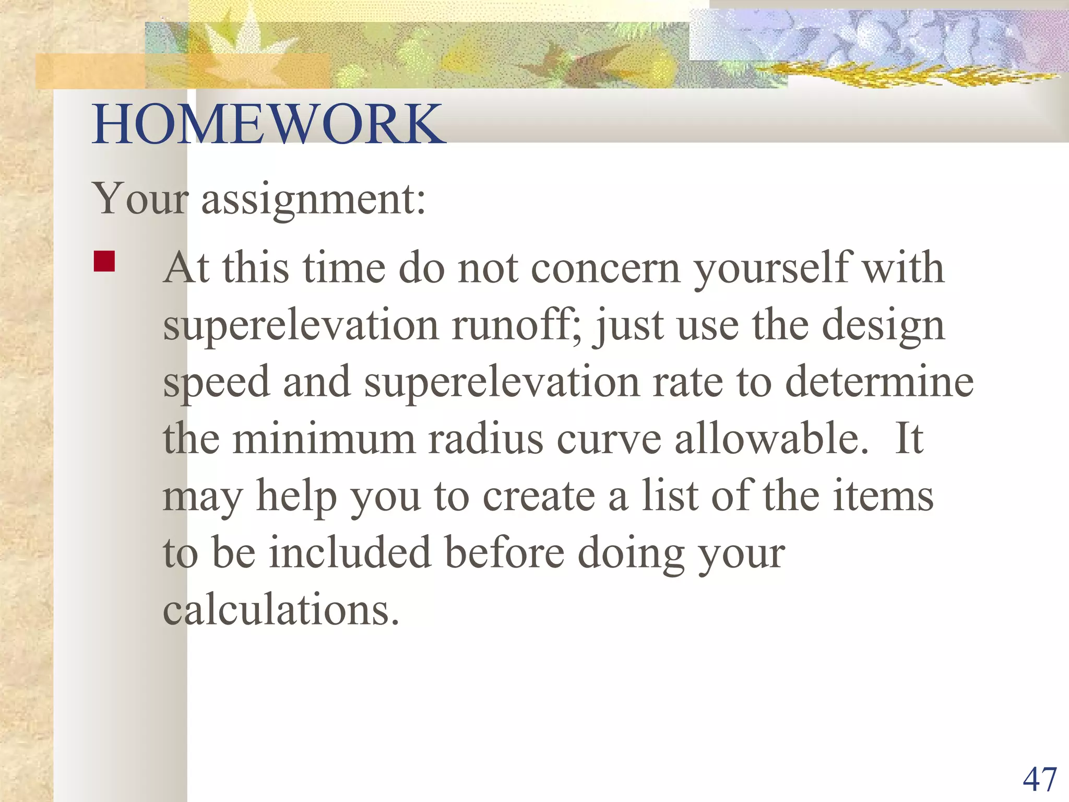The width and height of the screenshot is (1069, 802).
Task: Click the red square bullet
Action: pos(104,262)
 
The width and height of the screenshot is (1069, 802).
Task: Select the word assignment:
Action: pos(313,199)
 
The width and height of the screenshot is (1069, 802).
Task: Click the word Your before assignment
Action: pos(140,199)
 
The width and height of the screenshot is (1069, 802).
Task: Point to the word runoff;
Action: pos(517,325)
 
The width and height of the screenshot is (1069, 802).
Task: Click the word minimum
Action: pos(324,439)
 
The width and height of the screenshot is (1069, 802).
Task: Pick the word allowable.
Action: pos(772,439)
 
